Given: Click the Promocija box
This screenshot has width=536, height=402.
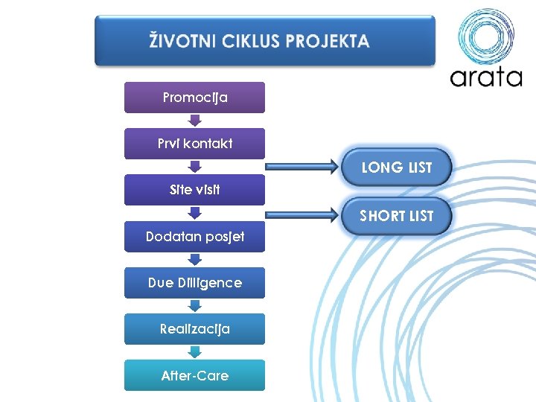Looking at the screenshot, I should (194, 98).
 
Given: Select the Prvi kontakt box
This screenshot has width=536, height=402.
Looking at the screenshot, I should (194, 144).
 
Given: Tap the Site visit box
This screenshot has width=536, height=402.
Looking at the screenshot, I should (194, 190).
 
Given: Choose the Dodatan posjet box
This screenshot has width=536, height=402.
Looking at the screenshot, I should (194, 237).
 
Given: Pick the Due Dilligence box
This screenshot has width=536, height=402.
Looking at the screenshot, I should (194, 283).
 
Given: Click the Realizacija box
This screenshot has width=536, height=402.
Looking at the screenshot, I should (194, 329).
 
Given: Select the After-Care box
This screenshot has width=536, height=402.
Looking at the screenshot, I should (194, 375).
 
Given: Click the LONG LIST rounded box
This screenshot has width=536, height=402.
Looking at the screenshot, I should (396, 167).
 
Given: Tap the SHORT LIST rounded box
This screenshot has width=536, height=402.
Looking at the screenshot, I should (396, 216).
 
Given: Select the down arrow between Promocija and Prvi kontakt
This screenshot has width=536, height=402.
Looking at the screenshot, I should (194, 121).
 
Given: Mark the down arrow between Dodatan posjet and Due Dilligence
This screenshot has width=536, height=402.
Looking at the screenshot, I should (194, 260).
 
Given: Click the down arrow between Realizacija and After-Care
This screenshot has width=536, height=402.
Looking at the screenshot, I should (194, 352).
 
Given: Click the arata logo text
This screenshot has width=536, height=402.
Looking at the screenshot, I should (485, 77).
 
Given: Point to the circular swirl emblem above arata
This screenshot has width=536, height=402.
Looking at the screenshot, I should (485, 35).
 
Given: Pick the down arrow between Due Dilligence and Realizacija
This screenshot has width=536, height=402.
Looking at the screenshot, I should (194, 306).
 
